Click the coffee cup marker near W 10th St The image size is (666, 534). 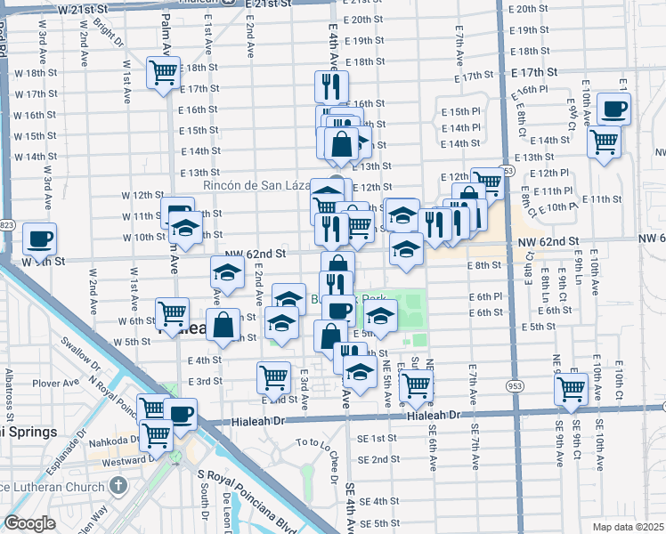39,239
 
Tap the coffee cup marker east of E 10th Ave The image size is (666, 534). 613,109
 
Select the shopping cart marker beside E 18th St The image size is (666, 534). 164,72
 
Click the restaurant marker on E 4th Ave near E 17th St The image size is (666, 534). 331,87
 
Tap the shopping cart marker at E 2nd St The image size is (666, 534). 273,376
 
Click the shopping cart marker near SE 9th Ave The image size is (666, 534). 571,388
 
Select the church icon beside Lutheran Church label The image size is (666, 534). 118,486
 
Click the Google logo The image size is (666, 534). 29,523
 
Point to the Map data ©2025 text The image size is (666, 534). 629,526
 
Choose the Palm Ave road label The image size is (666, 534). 166,27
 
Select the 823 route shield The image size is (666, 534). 6,224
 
